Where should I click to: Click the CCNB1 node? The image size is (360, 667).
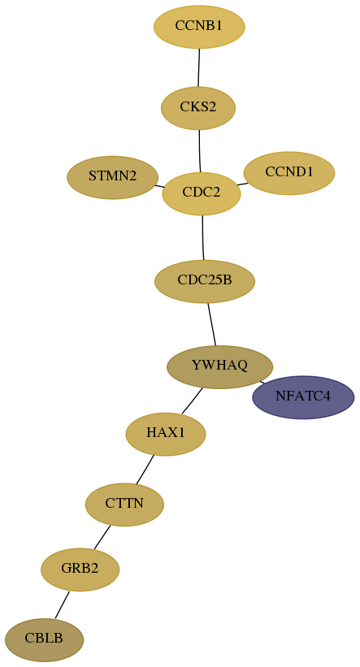199,27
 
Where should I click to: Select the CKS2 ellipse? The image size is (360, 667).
198,108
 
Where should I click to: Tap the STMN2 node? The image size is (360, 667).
113,177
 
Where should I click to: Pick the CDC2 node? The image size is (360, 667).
202,193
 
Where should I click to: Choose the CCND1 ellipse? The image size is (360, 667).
289,173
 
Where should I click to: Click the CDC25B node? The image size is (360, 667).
205,281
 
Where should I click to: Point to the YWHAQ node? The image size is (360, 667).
219,366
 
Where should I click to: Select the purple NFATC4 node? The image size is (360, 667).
303,397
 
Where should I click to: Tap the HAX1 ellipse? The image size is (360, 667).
166,434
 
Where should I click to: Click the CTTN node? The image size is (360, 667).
124,505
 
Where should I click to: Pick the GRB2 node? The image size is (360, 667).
80,570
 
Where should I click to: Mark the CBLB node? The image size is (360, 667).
44,639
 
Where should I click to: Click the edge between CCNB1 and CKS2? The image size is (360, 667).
199,67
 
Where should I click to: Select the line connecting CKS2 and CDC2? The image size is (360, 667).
200,151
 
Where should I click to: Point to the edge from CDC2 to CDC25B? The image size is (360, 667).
203,237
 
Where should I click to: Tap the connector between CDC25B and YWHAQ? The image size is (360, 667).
211,324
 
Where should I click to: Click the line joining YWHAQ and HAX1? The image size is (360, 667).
192,401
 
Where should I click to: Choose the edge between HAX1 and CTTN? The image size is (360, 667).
145,470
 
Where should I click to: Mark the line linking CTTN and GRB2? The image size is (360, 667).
102,537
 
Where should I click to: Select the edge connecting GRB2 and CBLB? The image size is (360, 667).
62,605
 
